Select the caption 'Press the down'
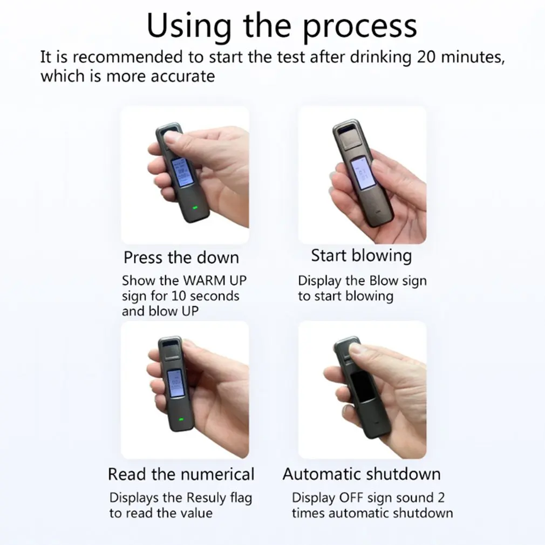coord(181,257)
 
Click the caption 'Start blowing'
coord(361,255)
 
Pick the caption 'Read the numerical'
coord(181,474)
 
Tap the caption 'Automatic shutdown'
coord(362,474)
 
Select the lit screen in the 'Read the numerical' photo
coord(175,385)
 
